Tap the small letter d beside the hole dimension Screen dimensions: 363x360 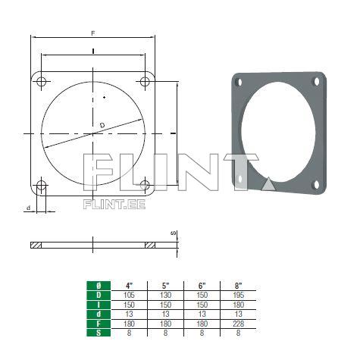pos(28,208)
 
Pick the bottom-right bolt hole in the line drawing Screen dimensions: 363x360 pos(145,186)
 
